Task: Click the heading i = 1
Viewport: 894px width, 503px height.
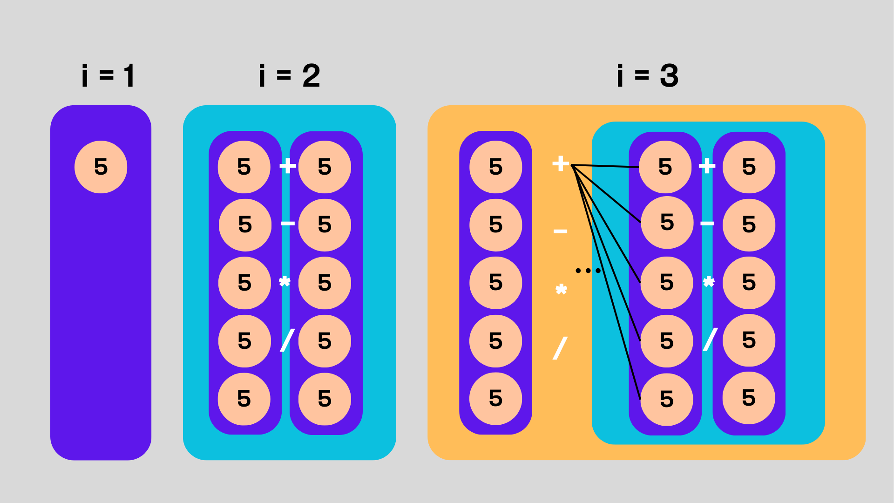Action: pyautogui.click(x=108, y=75)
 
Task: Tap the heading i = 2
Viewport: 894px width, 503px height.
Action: pyautogui.click(x=290, y=75)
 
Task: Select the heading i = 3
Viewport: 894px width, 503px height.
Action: pyautogui.click(x=647, y=75)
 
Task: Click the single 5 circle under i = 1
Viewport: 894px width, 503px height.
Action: pyautogui.click(x=101, y=167)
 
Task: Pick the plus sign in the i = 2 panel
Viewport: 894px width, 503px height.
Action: pyautogui.click(x=288, y=165)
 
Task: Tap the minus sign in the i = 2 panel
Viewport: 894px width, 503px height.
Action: pyautogui.click(x=288, y=224)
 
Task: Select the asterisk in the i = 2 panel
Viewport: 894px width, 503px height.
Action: pyautogui.click(x=284, y=282)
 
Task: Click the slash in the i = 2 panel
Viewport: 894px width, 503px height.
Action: pyautogui.click(x=287, y=340)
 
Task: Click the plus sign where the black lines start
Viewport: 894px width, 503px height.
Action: pyautogui.click(x=560, y=163)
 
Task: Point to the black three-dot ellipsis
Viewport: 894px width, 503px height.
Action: pyautogui.click(x=588, y=270)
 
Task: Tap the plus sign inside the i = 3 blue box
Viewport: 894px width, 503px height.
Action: pyautogui.click(x=707, y=165)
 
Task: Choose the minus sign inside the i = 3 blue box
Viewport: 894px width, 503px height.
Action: pyautogui.click(x=707, y=224)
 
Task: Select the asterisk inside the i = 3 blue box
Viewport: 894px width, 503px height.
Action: pyautogui.click(x=708, y=282)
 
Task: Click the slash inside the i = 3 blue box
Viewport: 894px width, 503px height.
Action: pyautogui.click(x=710, y=340)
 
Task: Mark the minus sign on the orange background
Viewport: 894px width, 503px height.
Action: pyautogui.click(x=560, y=231)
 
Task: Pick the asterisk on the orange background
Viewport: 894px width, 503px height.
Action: pyautogui.click(x=561, y=290)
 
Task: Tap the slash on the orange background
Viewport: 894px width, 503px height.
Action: pyautogui.click(x=560, y=348)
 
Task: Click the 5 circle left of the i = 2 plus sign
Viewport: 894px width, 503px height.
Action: pyautogui.click(x=244, y=167)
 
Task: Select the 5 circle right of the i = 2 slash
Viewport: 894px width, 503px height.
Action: pyautogui.click(x=325, y=341)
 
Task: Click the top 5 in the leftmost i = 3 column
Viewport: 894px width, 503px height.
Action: pyautogui.click(x=495, y=167)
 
